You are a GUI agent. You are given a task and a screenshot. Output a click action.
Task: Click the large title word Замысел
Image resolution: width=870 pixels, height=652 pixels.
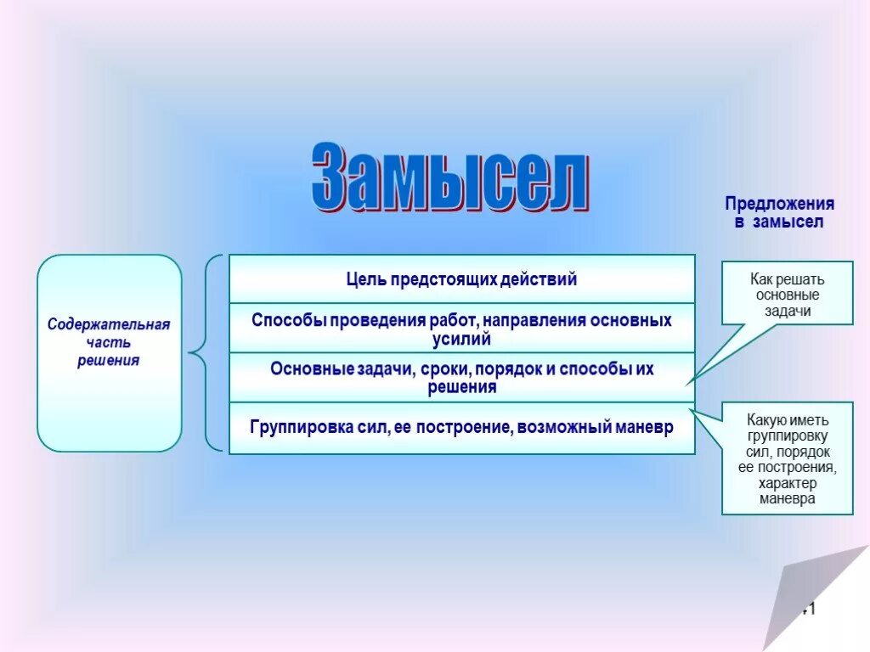point(449,179)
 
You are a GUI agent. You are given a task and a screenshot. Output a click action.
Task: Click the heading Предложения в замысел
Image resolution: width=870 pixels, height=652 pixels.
point(779,213)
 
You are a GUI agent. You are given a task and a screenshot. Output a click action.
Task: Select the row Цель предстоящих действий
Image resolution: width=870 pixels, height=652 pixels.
point(461,279)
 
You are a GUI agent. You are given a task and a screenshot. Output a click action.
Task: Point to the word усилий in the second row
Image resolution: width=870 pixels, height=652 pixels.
point(461,339)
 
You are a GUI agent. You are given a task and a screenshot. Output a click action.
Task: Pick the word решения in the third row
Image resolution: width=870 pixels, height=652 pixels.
point(461,388)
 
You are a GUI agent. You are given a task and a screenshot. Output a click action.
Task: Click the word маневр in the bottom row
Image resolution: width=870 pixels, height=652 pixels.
point(641,427)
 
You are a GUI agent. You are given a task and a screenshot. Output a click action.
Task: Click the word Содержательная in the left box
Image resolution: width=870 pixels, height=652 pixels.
point(109,325)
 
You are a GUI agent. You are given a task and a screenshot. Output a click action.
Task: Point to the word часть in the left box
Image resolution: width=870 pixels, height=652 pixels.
point(109,343)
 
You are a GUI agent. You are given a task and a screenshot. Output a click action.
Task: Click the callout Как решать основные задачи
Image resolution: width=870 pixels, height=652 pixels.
point(787,294)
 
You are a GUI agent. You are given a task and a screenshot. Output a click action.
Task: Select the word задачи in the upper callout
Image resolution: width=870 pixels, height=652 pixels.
point(787,311)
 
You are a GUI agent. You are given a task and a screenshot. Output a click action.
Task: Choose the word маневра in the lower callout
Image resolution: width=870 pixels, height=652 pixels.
point(787,498)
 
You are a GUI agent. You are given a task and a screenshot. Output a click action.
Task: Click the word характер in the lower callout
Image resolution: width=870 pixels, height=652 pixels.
point(787,483)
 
